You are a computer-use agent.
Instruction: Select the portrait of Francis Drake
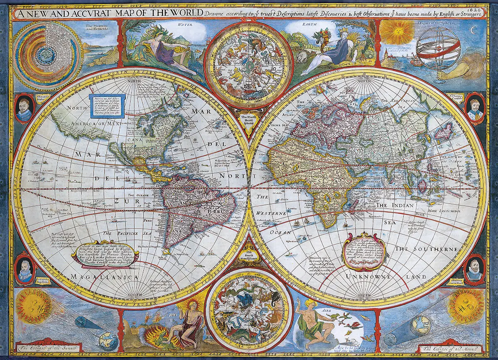(24, 109)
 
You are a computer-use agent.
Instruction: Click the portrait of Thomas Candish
(474, 108)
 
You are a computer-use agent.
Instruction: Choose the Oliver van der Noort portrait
(474, 270)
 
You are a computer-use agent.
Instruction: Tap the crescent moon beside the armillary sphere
(471, 30)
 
